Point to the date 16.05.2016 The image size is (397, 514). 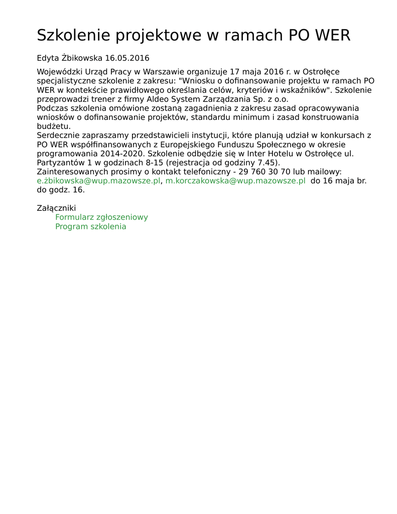pyautogui.click(x=127, y=58)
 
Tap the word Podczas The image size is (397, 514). pyautogui.click(x=53, y=108)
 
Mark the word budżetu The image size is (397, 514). pyautogui.click(x=53, y=126)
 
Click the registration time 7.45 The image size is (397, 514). pyautogui.click(x=268, y=163)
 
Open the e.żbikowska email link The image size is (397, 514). pyautogui.click(x=98, y=181)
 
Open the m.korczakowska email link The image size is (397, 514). pyautogui.click(x=235, y=181)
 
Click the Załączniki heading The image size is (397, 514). pyautogui.click(x=56, y=208)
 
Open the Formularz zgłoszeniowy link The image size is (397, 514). pyautogui.click(x=101, y=217)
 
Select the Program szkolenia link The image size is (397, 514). pyautogui.click(x=91, y=226)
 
